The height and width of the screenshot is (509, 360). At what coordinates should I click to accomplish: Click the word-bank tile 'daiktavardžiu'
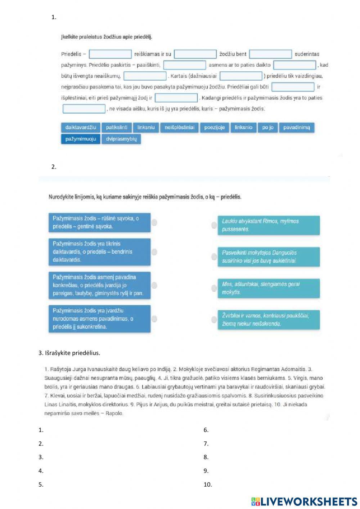(81, 128)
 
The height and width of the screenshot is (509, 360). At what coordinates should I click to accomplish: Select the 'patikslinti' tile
(117, 128)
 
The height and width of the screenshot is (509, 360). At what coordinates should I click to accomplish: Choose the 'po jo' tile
(267, 128)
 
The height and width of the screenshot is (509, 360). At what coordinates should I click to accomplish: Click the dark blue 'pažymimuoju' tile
(81, 139)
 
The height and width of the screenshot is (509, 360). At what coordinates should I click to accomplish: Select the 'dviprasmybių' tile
(121, 139)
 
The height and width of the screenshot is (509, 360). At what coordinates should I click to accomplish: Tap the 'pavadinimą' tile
(296, 128)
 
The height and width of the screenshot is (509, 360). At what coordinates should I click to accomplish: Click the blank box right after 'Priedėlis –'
(110, 54)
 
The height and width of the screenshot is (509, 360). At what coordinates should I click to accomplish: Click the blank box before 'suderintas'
(270, 54)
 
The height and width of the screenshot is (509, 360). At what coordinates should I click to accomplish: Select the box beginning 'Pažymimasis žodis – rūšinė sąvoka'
(99, 222)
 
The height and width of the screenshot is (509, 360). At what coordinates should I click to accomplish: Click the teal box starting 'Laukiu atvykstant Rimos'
(269, 225)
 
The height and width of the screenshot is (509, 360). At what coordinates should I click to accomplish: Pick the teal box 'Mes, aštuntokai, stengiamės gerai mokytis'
(269, 288)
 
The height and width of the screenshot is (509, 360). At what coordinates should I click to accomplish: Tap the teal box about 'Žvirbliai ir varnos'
(269, 320)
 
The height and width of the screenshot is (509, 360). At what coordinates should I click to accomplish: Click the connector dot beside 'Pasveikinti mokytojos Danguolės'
(214, 256)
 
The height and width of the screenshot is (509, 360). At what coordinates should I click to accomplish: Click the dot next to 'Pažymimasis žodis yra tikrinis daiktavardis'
(154, 252)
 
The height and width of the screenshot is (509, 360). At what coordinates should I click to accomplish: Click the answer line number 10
(208, 485)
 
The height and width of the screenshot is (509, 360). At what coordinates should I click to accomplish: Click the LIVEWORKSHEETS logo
(304, 501)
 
